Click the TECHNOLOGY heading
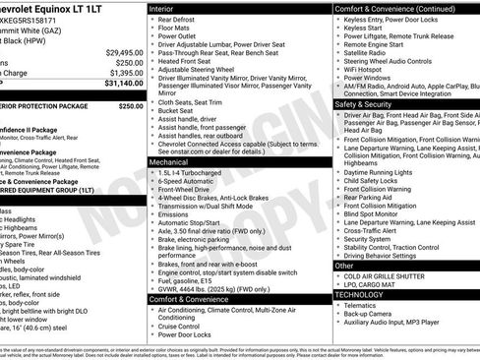point(359,294)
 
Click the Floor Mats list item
point(177,29)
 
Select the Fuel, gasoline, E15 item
point(196,283)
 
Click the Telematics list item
point(365,305)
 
